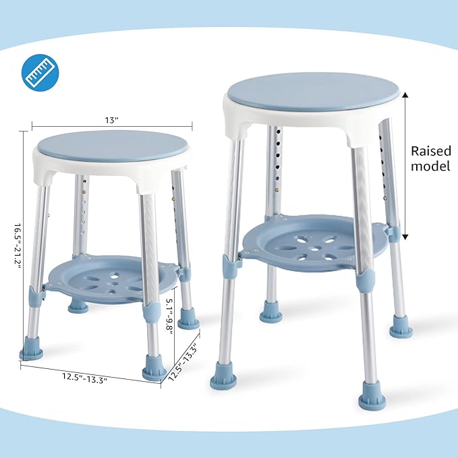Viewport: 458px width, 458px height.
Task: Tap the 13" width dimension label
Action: [x=112, y=119]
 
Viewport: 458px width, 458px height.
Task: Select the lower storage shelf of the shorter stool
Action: [x=111, y=277]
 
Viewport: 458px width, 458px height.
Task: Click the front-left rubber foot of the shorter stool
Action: [x=31, y=349]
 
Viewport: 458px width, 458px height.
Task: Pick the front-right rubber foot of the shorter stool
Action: [x=154, y=370]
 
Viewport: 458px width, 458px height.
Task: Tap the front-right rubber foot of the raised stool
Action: [x=372, y=395]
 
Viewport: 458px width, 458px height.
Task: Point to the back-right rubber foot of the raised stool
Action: [x=401, y=328]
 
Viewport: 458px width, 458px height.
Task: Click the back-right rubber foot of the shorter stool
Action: [x=189, y=319]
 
